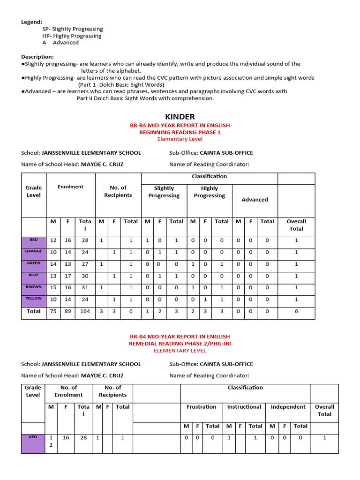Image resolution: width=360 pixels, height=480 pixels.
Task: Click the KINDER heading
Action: (180, 117)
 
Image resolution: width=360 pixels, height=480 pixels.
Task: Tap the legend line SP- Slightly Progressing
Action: (72, 29)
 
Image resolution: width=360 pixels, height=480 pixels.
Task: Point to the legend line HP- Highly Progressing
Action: (71, 36)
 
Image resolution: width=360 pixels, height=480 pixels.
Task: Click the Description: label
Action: (37, 57)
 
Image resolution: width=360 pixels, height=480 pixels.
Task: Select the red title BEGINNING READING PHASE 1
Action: (180, 133)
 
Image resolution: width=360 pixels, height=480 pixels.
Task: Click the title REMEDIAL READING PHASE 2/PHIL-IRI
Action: (180, 344)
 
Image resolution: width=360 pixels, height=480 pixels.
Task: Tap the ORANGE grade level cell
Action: (34, 252)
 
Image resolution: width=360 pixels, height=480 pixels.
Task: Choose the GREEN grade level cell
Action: (34, 263)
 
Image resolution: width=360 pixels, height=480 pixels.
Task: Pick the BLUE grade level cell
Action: (34, 276)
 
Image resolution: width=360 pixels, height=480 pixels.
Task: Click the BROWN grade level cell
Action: (34, 287)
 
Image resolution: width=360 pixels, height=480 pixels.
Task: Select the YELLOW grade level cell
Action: (34, 299)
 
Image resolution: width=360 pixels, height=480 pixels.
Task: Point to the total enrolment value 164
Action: (85, 311)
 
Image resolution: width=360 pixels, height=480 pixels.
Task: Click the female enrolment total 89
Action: (68, 311)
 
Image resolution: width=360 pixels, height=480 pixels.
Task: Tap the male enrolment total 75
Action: (53, 311)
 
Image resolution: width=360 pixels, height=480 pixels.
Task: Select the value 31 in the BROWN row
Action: (85, 288)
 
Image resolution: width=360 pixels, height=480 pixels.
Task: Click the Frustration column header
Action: (202, 407)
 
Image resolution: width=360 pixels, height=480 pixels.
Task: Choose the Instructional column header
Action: (244, 407)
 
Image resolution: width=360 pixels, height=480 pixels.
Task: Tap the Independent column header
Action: (288, 407)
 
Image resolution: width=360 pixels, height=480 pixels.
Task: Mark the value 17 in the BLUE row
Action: (68, 276)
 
